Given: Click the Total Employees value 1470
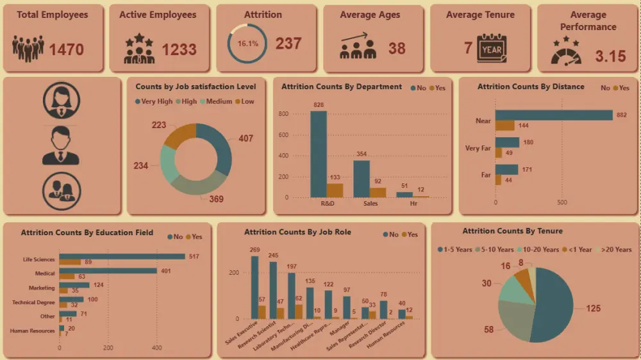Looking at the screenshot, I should (67, 48).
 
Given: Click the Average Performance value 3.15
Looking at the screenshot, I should (610, 56).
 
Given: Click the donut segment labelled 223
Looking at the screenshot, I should (180, 135).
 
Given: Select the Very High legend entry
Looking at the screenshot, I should (154, 101).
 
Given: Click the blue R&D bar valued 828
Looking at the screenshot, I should (319, 154).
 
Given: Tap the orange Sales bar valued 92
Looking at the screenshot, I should (378, 192).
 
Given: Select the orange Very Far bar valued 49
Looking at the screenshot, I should (499, 153).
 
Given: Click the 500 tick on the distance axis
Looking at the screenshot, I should (562, 202).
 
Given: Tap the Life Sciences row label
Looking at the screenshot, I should (38, 260).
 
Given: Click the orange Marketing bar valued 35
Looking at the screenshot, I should (63, 290).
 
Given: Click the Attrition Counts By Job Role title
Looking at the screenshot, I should (297, 232).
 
